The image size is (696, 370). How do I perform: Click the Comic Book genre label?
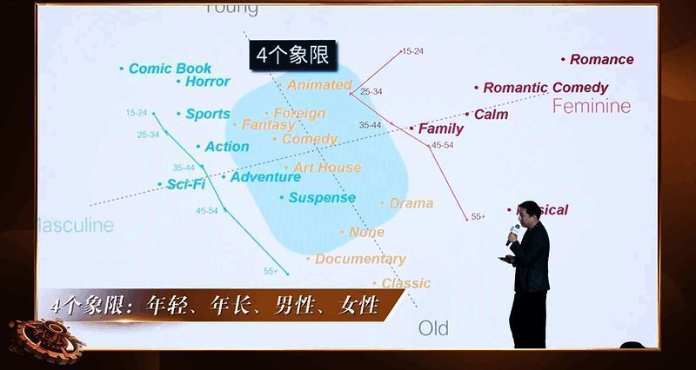[170, 69]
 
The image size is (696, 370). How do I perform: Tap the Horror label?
[207, 82]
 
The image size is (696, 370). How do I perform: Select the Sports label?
[207, 114]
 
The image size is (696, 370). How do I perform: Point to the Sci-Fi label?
[185, 184]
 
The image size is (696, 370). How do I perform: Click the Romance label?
[601, 59]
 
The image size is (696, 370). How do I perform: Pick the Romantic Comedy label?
[545, 88]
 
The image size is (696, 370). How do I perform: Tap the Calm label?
[491, 114]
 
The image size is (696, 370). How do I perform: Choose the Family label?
[440, 129]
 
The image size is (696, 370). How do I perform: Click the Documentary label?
[359, 259]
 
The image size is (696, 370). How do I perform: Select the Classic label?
[405, 283]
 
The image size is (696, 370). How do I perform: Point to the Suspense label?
[321, 198]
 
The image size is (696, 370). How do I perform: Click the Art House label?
[326, 168]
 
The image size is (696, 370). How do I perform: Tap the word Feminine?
[592, 107]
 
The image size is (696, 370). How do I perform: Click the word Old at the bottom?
[433, 328]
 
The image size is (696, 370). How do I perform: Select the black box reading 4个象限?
[292, 55]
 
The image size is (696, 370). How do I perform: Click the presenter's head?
[528, 214]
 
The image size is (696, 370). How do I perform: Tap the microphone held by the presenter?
[513, 231]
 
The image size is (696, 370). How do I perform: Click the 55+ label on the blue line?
[270, 271]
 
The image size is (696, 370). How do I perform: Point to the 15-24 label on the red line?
[412, 51]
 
